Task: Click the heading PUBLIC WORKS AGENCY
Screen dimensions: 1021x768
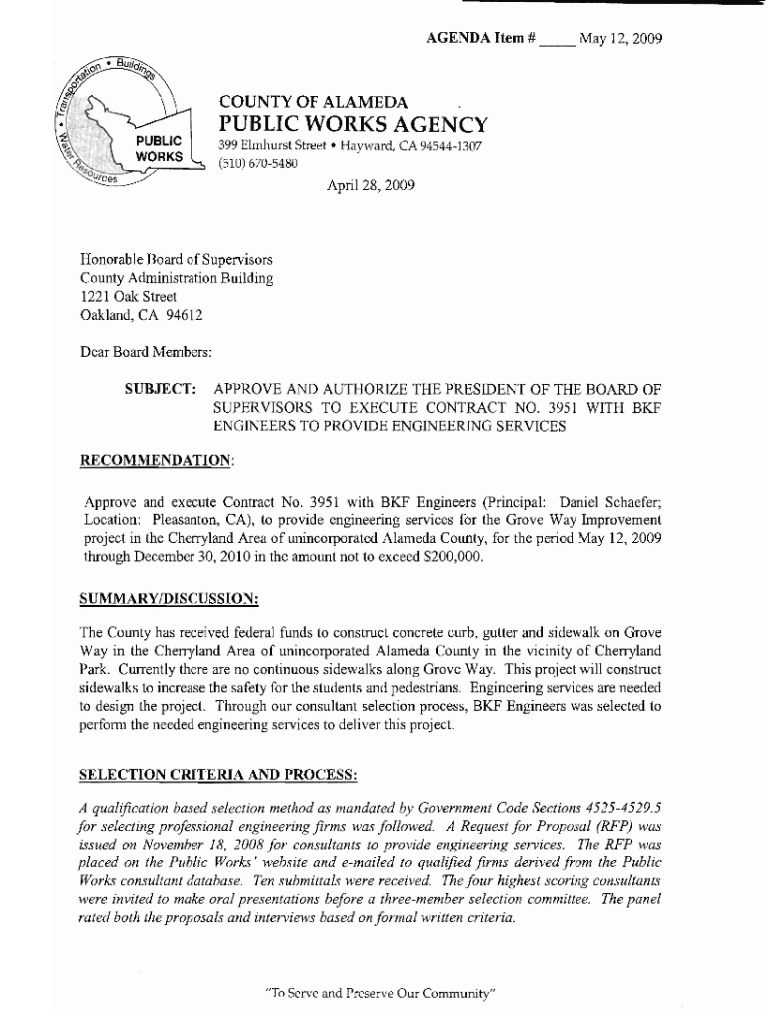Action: [x=353, y=125]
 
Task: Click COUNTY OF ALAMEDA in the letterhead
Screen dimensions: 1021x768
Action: [x=313, y=102]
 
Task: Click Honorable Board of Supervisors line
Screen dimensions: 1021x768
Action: [x=177, y=259]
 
